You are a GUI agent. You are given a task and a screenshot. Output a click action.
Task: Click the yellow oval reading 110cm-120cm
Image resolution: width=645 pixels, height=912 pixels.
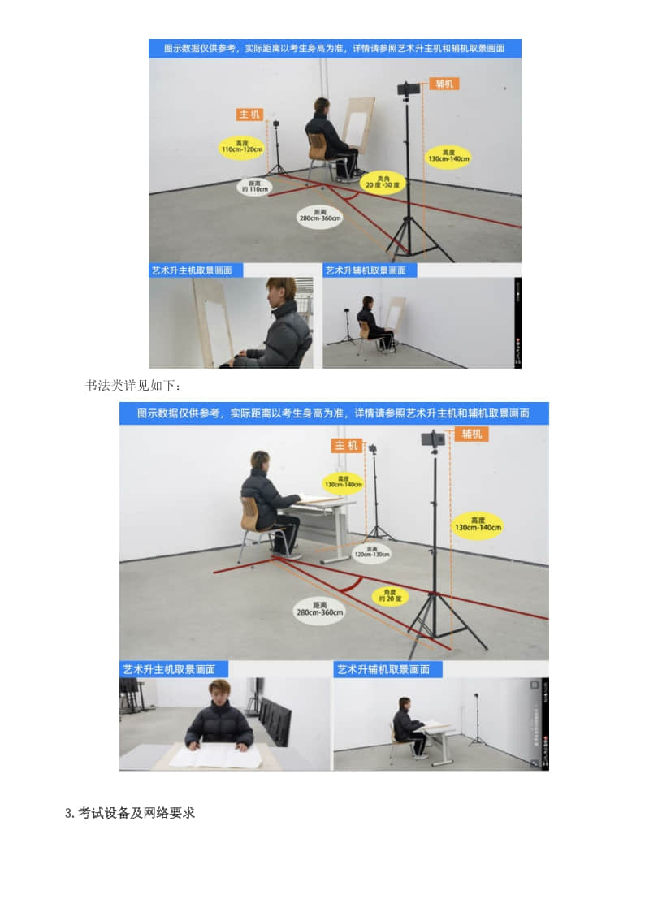click(242, 147)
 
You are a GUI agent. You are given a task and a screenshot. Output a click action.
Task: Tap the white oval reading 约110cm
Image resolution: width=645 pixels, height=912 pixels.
click(255, 187)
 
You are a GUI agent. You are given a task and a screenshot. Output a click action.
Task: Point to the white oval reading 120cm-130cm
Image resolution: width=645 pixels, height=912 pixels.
click(371, 554)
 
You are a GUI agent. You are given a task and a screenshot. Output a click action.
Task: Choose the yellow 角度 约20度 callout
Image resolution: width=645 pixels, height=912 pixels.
click(391, 595)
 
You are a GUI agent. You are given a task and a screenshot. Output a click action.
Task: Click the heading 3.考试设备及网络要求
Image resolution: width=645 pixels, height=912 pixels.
click(130, 813)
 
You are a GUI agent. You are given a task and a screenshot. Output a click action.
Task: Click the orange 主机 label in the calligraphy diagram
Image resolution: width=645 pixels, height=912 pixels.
click(346, 445)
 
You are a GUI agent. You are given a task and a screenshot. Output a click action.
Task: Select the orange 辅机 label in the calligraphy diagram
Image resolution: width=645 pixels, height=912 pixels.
click(471, 434)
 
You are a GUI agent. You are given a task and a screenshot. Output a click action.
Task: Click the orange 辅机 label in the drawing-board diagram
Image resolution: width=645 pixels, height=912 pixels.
click(444, 84)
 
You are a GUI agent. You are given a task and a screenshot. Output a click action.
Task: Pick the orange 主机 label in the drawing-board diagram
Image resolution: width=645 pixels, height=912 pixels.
click(249, 115)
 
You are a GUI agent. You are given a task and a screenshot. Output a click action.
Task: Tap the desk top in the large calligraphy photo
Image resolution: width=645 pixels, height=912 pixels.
click(325, 500)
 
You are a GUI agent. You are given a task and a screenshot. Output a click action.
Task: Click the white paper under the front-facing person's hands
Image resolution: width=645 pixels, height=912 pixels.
click(216, 756)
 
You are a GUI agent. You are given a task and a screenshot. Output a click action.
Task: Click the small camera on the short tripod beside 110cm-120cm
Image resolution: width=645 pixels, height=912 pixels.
click(276, 124)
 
